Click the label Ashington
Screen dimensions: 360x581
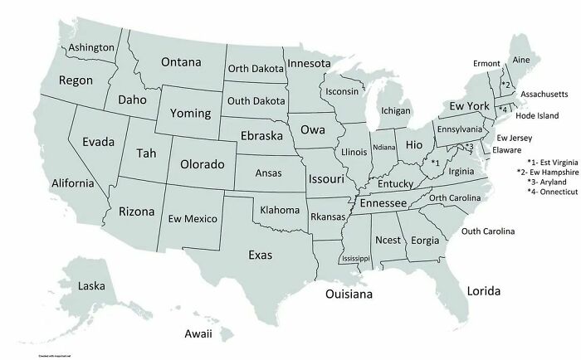[x=91, y=47]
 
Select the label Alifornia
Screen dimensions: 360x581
[x=56, y=182]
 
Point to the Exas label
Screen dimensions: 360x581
[x=260, y=254]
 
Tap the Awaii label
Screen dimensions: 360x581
[x=198, y=333]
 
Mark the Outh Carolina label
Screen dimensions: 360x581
[x=488, y=231]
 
